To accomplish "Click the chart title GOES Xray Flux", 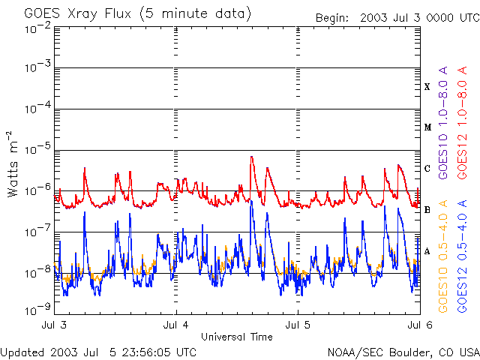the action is pos(78,14).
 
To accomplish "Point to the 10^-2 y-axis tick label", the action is pos(38,29).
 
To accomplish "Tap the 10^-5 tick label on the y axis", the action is pos(38,149).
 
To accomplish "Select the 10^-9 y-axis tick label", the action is pos(38,310).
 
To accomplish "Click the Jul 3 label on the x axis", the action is pos(54,325).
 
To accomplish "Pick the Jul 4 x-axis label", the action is pos(175,325).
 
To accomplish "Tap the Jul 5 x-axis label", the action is pos(298,325).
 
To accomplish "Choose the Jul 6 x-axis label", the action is pos(420,325).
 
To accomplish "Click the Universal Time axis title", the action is pos(237,337).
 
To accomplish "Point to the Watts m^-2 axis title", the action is pos(13,164).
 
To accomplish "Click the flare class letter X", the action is pos(427,87).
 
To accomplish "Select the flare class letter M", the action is pos(427,127).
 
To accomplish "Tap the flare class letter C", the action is pos(427,168).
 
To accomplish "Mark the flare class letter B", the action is pos(427,210).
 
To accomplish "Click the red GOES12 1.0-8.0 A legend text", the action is pos(462,122).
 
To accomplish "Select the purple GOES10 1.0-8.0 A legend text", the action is pos(443,122).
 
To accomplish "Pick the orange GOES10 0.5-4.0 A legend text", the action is pos(443,256).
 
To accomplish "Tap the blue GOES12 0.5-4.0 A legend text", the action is pos(462,256).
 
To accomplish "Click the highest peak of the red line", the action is pos(251,157).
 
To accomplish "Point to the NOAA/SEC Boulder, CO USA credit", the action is pos(403,352).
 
